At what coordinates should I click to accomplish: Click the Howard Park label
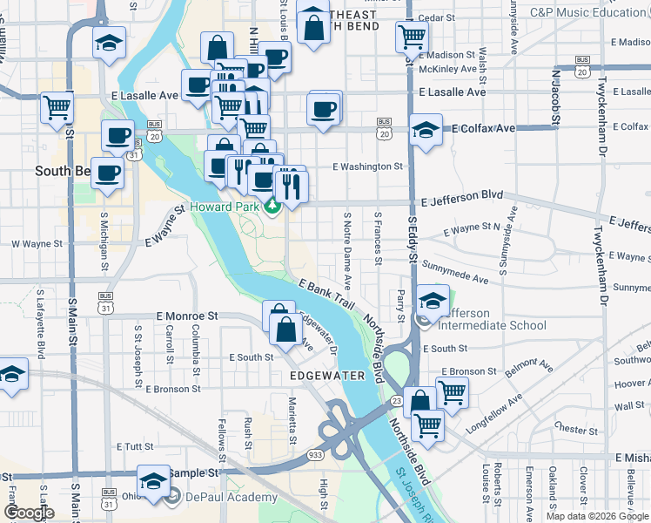click(x=226, y=207)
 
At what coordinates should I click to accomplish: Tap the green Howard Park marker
click(x=272, y=207)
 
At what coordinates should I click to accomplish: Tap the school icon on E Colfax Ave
click(x=426, y=131)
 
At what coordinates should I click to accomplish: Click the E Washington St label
click(x=367, y=166)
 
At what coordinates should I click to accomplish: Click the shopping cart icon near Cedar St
click(x=412, y=37)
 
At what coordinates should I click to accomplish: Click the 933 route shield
click(x=314, y=454)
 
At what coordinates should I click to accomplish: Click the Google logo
click(x=29, y=513)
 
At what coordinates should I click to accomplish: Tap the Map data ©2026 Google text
click(x=596, y=516)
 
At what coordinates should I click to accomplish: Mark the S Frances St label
click(x=378, y=237)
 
